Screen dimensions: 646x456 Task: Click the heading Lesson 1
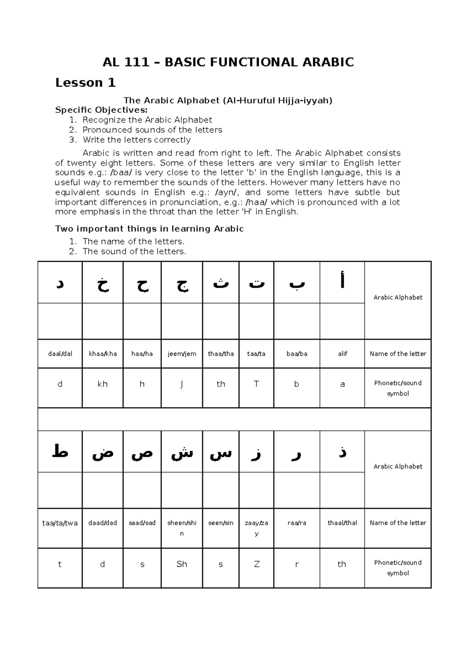coord(85,83)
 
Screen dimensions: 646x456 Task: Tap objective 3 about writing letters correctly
coord(136,140)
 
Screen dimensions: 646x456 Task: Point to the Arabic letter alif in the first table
coord(342,282)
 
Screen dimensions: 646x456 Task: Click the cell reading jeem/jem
coord(182,353)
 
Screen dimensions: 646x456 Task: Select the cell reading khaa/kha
coord(103,353)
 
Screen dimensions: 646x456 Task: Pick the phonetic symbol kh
coord(103,384)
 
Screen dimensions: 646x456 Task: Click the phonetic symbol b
coord(296,384)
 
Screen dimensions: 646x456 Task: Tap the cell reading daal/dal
coord(60,353)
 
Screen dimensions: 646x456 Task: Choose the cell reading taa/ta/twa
coord(60,523)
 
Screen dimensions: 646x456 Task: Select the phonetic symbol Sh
coord(182,564)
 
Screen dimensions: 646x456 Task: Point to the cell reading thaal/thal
coord(342,523)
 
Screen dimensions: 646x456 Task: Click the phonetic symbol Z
coord(256,564)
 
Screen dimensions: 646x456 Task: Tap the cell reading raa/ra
coord(296,523)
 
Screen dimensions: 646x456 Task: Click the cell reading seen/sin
coord(221,523)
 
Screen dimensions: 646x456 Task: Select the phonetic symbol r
coord(296,564)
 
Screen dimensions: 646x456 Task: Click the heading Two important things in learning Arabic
coord(149,229)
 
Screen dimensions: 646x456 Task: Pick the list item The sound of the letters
coord(134,251)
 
